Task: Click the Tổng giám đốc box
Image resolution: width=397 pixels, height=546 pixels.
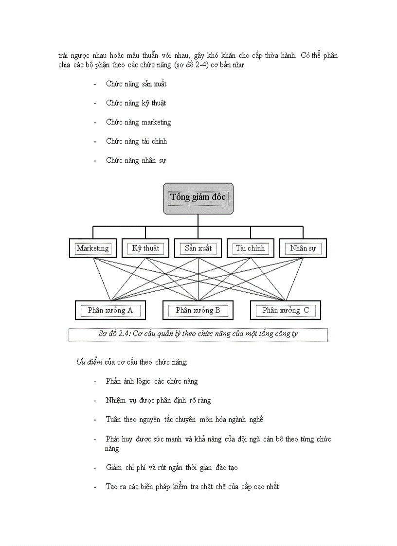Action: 198,198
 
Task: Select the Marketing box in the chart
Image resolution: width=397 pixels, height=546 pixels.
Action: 93,248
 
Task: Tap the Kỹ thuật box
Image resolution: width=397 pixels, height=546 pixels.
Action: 145,248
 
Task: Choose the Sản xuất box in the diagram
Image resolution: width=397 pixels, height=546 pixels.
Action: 198,248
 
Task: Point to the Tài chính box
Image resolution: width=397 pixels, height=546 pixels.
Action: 250,248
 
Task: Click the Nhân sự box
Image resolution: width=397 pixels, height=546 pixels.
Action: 303,248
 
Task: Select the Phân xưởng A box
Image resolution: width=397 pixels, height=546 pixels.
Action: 110,310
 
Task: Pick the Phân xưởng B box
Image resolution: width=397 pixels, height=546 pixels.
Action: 198,310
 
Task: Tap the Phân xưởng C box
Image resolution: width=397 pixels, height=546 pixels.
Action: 286,310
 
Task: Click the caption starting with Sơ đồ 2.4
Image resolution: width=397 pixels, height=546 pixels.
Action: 198,335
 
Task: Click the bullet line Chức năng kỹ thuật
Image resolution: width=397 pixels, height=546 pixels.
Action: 136,103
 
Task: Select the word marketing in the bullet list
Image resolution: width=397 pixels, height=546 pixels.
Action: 156,122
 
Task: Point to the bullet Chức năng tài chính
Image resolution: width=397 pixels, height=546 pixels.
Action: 136,141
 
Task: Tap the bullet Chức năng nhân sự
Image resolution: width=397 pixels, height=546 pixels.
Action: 136,160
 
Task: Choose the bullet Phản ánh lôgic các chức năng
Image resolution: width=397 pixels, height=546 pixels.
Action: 152,381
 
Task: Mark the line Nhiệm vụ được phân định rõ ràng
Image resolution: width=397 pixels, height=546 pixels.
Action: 158,401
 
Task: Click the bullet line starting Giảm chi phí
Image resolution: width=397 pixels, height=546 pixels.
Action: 171,468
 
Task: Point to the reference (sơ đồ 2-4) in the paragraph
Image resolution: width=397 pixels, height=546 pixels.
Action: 189,65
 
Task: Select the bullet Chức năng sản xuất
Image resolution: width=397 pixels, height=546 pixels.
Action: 136,84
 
